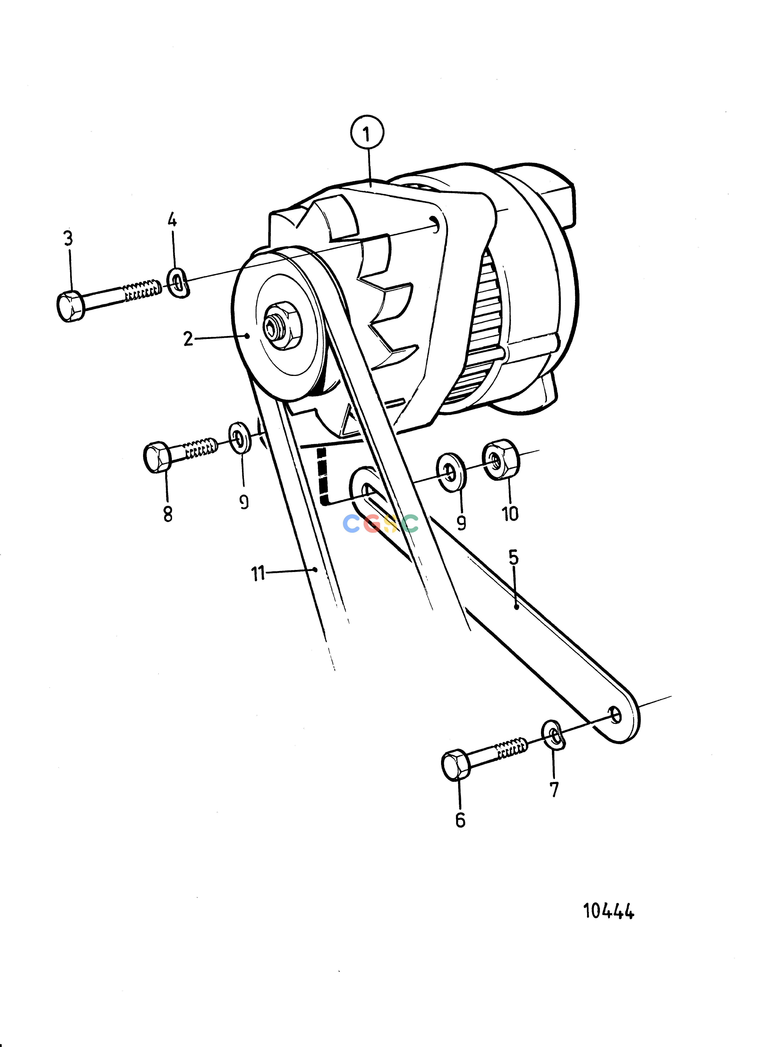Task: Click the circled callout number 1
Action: click(367, 133)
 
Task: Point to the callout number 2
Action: click(188, 339)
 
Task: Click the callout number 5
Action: click(513, 558)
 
